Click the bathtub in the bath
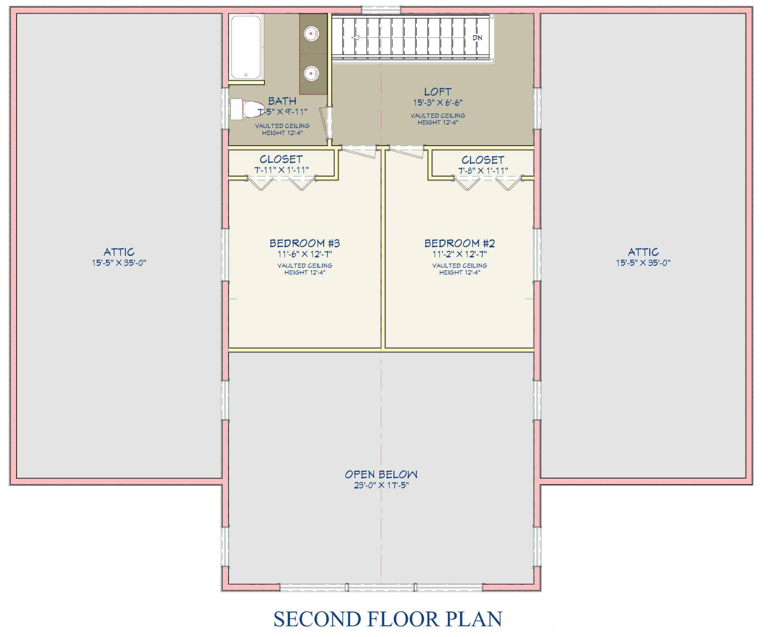[x=246, y=47]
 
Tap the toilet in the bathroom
[x=247, y=109]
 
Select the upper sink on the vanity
[x=311, y=33]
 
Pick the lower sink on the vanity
[x=311, y=73]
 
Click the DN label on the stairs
[x=477, y=38]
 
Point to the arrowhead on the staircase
[x=356, y=37]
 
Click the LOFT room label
[x=438, y=92]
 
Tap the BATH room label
[x=282, y=101]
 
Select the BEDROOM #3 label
[x=305, y=243]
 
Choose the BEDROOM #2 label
[x=460, y=243]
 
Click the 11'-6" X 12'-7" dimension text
[x=305, y=254]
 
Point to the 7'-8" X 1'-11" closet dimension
[x=483, y=170]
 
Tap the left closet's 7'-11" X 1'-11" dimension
[x=281, y=170]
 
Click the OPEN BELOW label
[x=381, y=474]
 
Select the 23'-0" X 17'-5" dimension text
[x=381, y=485]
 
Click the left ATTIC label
[x=119, y=252]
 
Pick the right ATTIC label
[x=643, y=252]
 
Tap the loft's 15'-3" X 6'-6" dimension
[x=438, y=103]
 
